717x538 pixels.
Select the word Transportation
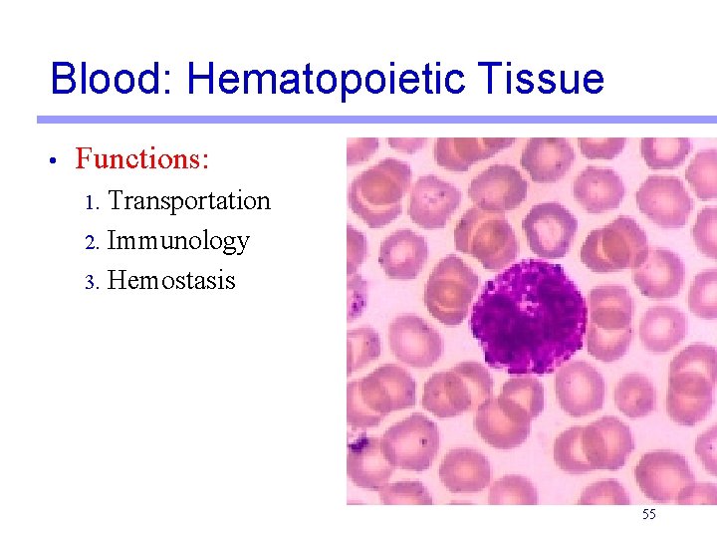(189, 200)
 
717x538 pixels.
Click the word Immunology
(178, 240)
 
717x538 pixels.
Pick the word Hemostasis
(171, 280)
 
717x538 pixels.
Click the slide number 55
(649, 514)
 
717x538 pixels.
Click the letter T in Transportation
(115, 200)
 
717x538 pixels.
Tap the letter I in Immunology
(111, 240)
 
